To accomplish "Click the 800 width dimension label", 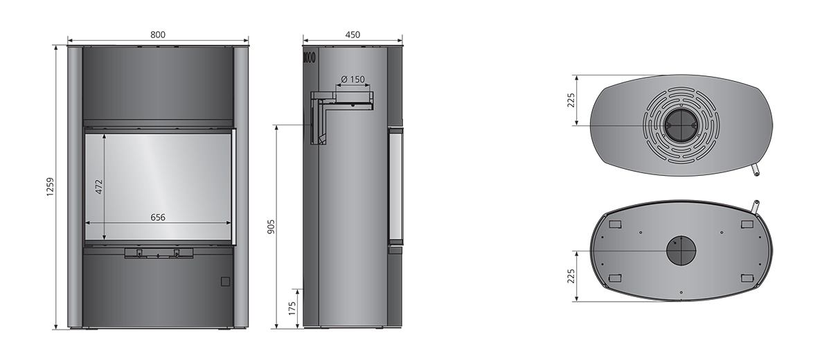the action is pos(158,35).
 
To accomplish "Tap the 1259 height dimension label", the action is pos(51,187).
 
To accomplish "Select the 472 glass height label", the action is pos(98,187).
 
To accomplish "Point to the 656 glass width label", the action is pos(158,217).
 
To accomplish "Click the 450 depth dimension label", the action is pos(352,35).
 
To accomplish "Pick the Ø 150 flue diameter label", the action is pos(352,79).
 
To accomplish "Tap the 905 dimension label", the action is pos(271,226).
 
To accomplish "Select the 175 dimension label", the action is pos(292,309).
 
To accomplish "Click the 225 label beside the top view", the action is pos(571,100).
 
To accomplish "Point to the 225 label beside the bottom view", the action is pos(571,276).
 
